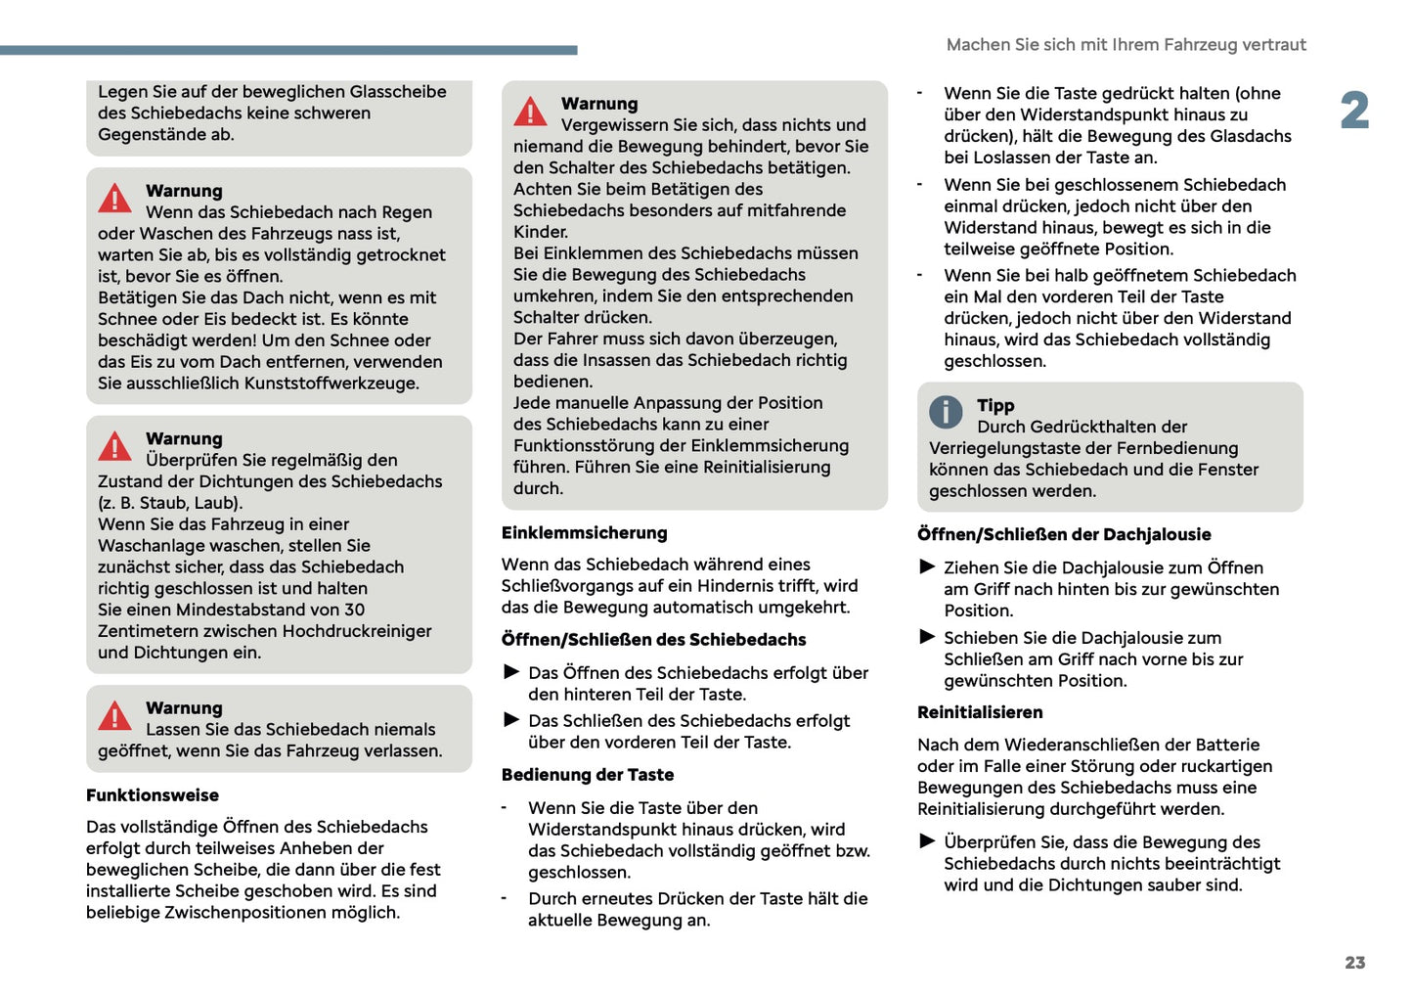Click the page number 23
pyautogui.click(x=1354, y=963)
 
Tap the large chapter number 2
pyautogui.click(x=1354, y=111)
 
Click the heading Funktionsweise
pyautogui.click(x=153, y=795)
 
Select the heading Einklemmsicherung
pyautogui.click(x=584, y=533)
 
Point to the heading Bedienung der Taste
pyautogui.click(x=587, y=775)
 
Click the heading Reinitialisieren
pyautogui.click(x=979, y=712)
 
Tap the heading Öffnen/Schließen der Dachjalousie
pyautogui.click(x=1063, y=534)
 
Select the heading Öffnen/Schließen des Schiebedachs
pyautogui.click(x=653, y=640)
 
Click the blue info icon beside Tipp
pyautogui.click(x=945, y=412)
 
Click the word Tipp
pyautogui.click(x=994, y=406)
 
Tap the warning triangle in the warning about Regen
pyautogui.click(x=114, y=199)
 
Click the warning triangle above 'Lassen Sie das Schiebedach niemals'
pyautogui.click(x=114, y=716)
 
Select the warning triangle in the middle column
pyautogui.click(x=530, y=112)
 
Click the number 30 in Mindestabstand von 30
pyautogui.click(x=354, y=610)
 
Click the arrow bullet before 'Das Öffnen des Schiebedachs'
pyautogui.click(x=511, y=672)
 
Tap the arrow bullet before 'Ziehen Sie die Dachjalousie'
pyautogui.click(x=927, y=566)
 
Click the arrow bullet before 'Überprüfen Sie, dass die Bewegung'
pyautogui.click(x=927, y=841)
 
